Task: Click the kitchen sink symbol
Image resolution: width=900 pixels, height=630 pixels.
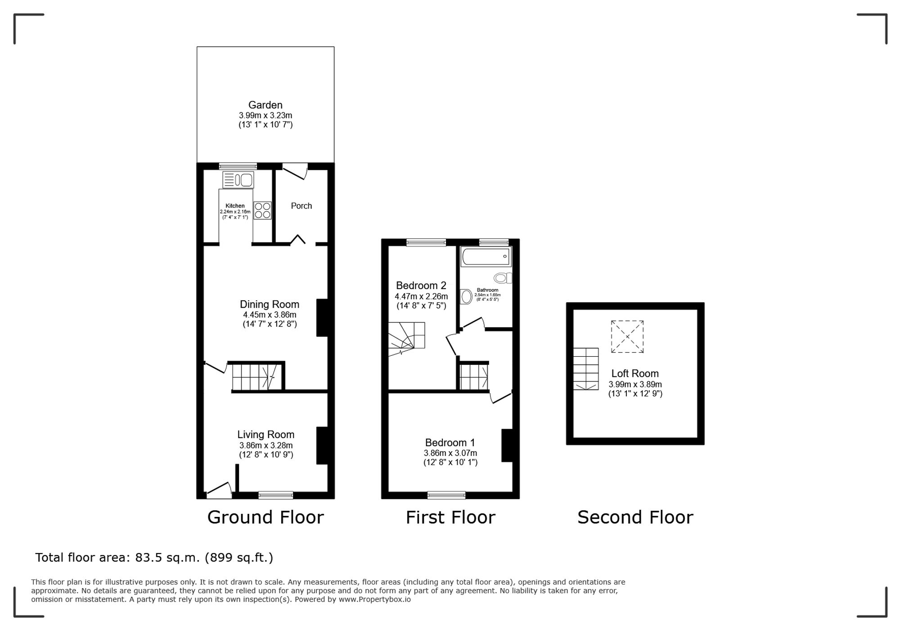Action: [238, 180]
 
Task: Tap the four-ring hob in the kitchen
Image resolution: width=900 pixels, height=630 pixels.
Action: [263, 210]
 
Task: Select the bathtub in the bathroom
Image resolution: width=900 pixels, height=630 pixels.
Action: [486, 256]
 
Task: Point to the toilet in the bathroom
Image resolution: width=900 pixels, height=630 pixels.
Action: [503, 277]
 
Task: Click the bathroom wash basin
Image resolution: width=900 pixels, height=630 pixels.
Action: [467, 296]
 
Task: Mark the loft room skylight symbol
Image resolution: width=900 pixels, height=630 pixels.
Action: [627, 336]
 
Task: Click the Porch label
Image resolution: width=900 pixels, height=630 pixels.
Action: [301, 206]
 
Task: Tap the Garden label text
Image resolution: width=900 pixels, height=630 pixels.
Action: [265, 105]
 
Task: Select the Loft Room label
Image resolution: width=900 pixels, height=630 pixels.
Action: [635, 373]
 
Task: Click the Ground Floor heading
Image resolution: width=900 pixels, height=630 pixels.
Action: [265, 517]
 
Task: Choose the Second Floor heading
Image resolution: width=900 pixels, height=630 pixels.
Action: [635, 517]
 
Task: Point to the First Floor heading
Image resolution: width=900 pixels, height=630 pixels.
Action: [450, 517]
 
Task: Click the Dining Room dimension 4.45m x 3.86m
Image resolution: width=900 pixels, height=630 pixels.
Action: [270, 315]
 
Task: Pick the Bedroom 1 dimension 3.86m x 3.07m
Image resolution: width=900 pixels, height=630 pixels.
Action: [450, 453]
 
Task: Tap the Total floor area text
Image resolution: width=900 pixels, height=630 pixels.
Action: [154, 557]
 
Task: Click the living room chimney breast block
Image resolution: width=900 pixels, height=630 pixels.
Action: [322, 445]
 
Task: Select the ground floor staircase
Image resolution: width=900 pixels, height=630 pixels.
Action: [256, 377]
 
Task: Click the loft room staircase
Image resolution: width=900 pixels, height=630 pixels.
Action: [586, 369]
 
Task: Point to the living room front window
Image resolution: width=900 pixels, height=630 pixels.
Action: [276, 495]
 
